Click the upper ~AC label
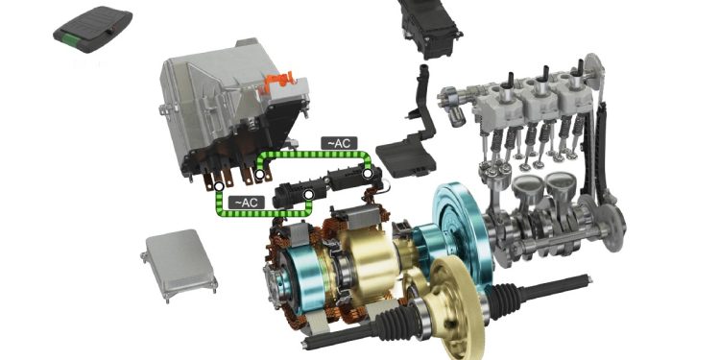point(339,143)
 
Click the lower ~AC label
point(247,203)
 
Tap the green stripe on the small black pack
point(71,38)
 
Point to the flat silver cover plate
point(180,264)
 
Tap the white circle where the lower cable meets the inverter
point(220,186)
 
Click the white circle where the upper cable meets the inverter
point(259,175)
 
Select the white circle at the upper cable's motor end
point(367,174)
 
